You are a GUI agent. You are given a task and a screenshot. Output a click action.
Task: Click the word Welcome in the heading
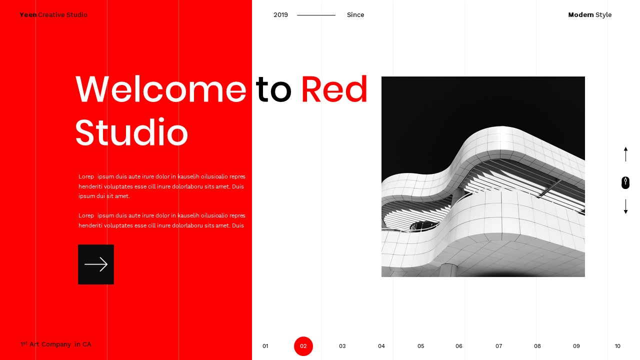pyautogui.click(x=161, y=90)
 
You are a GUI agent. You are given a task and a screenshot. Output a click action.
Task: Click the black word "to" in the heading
pyautogui.click(x=273, y=90)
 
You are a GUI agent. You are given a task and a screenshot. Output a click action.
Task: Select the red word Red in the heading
pyautogui.click(x=334, y=90)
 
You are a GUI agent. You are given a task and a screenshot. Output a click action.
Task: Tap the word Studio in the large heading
pyautogui.click(x=131, y=132)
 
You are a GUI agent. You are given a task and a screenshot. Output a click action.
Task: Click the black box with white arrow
pyautogui.click(x=96, y=264)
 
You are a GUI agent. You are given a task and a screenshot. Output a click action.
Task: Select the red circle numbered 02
pyautogui.click(x=303, y=346)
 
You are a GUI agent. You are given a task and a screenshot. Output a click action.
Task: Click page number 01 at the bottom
pyautogui.click(x=265, y=346)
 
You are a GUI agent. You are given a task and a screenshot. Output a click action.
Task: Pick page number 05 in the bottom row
pyautogui.click(x=421, y=346)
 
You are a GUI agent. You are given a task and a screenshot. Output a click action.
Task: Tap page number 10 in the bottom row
pyautogui.click(x=617, y=346)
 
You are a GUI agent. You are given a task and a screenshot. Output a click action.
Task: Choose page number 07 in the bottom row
pyautogui.click(x=499, y=346)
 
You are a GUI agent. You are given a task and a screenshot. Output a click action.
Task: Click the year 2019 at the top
pyautogui.click(x=280, y=15)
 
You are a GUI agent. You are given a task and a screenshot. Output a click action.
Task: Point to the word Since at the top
pyautogui.click(x=355, y=15)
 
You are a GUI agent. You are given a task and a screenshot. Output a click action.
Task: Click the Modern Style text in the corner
pyautogui.click(x=589, y=15)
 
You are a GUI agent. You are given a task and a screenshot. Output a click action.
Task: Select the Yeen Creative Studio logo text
pyautogui.click(x=53, y=15)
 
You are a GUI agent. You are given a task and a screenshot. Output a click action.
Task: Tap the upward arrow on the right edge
pyautogui.click(x=625, y=154)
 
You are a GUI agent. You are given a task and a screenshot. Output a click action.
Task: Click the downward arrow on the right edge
pyautogui.click(x=625, y=207)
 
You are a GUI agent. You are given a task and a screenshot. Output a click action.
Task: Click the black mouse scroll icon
pyautogui.click(x=625, y=182)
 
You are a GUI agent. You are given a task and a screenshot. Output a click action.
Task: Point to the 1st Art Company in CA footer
pyautogui.click(x=56, y=344)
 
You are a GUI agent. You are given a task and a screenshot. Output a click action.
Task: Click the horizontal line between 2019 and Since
pyautogui.click(x=316, y=15)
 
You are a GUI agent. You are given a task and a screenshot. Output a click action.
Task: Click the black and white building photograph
pyautogui.click(x=483, y=176)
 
